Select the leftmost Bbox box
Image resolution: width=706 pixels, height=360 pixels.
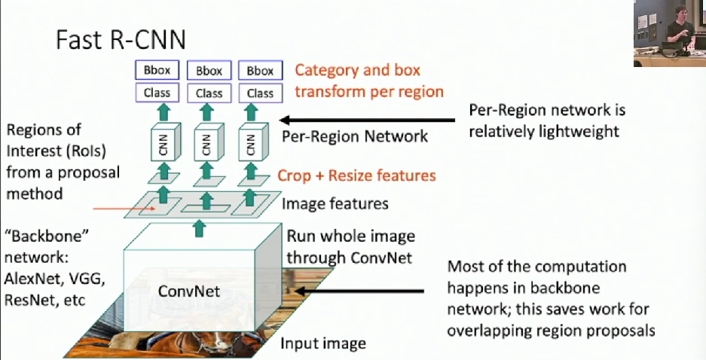coord(158,71)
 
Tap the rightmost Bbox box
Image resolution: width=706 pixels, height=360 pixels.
coord(260,71)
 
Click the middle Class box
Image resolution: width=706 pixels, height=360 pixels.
coord(209,93)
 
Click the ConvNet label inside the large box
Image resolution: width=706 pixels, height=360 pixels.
coord(188,291)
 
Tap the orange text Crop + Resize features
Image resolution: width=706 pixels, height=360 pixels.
coord(356,175)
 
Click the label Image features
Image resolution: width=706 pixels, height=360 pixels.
coord(335,204)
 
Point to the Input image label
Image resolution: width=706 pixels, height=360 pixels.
coord(323,344)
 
